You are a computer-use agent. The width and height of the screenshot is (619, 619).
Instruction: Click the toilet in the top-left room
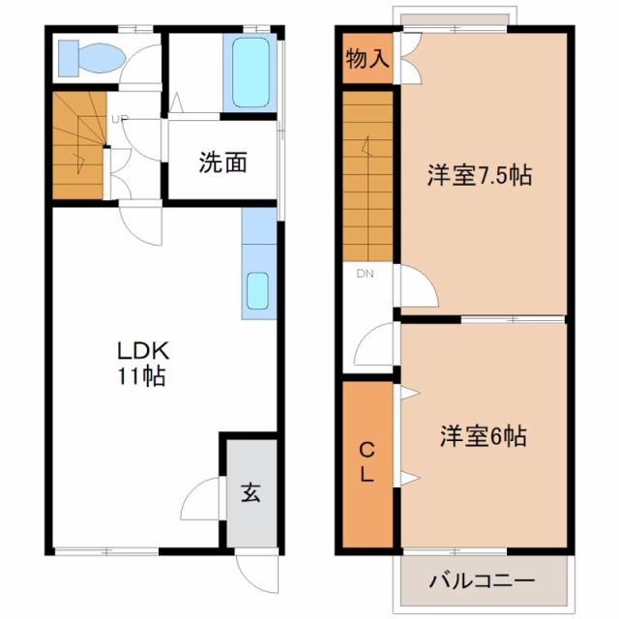pyautogui.click(x=92, y=58)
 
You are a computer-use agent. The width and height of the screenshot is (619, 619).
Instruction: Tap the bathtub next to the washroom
pyautogui.click(x=251, y=74)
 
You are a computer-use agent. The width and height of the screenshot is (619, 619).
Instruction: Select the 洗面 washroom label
pyautogui.click(x=222, y=162)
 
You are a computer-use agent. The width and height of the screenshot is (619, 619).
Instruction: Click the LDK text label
pyautogui.click(x=143, y=350)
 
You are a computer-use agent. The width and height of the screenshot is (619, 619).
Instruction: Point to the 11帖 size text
pyautogui.click(x=141, y=375)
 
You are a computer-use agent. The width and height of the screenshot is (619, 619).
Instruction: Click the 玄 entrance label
pyautogui.click(x=251, y=492)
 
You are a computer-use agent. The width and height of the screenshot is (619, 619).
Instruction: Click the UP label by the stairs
pyautogui.click(x=119, y=119)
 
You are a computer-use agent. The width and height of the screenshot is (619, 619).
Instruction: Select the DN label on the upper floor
pyautogui.click(x=366, y=274)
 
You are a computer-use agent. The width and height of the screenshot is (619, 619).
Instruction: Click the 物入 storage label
pyautogui.click(x=368, y=59)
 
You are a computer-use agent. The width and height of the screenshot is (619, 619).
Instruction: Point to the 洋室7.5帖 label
pyautogui.click(x=480, y=174)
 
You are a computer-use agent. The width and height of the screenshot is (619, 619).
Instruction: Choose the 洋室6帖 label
pyautogui.click(x=483, y=436)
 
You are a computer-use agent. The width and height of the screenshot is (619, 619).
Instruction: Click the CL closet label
pyautogui.click(x=367, y=462)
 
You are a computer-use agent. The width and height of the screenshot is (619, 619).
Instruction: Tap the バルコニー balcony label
pyautogui.click(x=482, y=580)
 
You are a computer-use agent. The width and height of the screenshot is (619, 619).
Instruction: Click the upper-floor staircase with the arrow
pyautogui.click(x=368, y=176)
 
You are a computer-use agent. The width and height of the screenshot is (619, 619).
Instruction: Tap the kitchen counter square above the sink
pyautogui.click(x=259, y=225)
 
